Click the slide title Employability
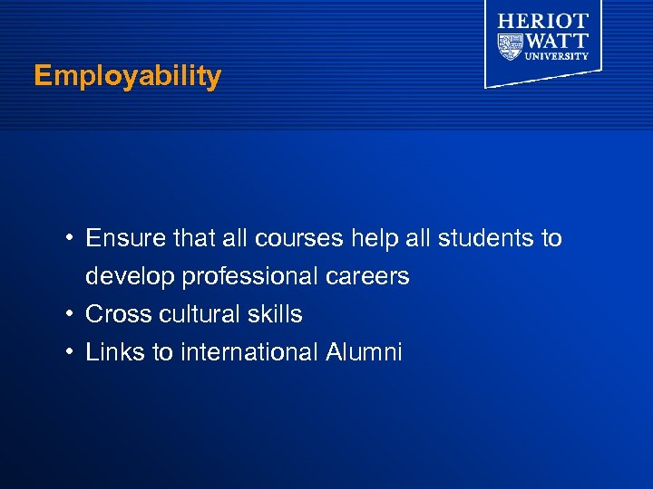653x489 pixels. coord(127,77)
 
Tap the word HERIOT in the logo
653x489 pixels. coord(543,20)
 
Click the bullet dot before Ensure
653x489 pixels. coord(69,239)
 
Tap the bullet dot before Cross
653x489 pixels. coord(69,314)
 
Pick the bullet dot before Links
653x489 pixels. coord(69,352)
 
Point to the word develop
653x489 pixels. coord(130,277)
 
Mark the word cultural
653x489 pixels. coord(195,314)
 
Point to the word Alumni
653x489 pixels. coord(363,352)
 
